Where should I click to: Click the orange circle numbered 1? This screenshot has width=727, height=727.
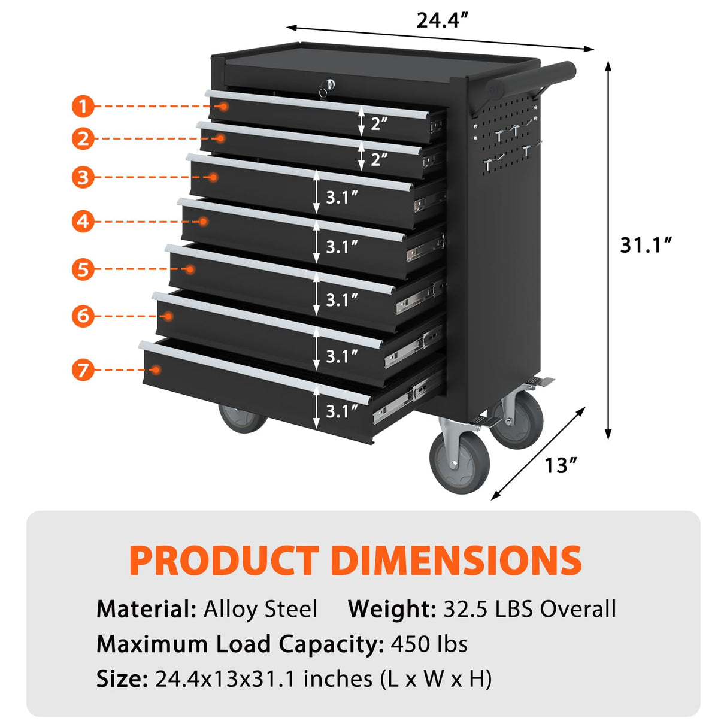[x=83, y=107]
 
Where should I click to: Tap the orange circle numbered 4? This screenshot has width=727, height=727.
[x=83, y=222]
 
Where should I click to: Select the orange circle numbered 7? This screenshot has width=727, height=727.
[x=83, y=369]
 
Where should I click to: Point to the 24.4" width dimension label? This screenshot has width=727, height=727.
[x=441, y=20]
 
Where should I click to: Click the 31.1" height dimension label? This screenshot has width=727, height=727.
[x=646, y=245]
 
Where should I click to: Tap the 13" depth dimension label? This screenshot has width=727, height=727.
[x=561, y=465]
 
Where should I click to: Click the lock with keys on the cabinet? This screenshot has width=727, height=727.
[x=326, y=87]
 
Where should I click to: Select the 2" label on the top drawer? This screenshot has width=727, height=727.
[x=378, y=123]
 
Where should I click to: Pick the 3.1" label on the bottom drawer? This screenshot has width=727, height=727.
[x=341, y=411]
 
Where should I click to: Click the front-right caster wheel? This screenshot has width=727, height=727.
[x=459, y=462]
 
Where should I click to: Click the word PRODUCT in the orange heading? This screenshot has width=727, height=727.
[x=223, y=561]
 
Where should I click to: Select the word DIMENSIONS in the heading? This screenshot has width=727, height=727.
[x=456, y=561]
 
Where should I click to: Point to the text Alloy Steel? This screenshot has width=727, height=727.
[x=260, y=609]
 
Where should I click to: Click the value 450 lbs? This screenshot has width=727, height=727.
[x=429, y=644]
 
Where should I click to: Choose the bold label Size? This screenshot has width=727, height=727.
[x=122, y=678]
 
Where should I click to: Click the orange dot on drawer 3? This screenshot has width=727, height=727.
[x=213, y=177]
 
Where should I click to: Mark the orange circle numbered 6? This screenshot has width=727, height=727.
[x=83, y=316]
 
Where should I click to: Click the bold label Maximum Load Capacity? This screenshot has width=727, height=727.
[x=240, y=644]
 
